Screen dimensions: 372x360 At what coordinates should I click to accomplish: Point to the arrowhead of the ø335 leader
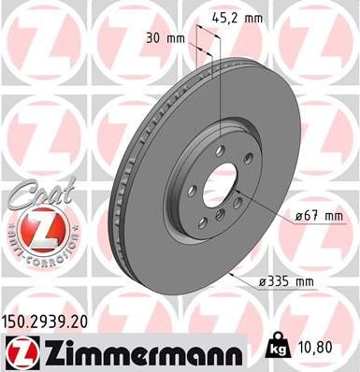(231, 272)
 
